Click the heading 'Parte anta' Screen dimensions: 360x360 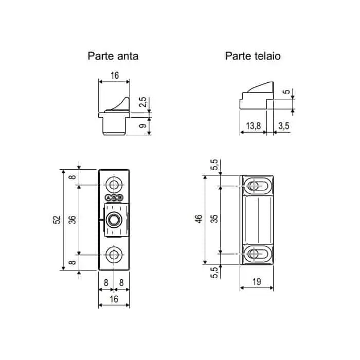113,56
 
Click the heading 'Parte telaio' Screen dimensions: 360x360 253,56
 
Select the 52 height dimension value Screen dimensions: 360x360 57,220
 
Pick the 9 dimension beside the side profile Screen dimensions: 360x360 144,124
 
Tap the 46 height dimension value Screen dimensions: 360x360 199,220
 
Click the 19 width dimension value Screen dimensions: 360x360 256,281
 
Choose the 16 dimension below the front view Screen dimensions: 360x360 114,299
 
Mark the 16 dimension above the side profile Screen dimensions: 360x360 114,76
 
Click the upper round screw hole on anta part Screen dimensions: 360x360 114,185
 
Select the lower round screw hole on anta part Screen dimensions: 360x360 114,254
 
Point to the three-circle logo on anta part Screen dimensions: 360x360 114,197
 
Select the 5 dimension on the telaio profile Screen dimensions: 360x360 285,93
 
